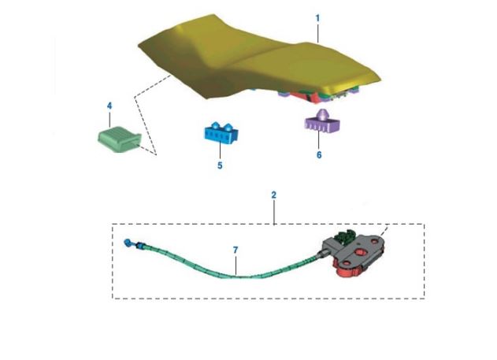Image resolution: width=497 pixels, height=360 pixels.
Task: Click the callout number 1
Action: click(317, 16)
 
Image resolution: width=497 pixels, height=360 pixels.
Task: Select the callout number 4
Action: click(109, 105)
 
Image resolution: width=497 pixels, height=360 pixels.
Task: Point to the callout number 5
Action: click(220, 165)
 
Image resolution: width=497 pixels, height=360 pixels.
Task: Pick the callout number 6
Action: click(319, 155)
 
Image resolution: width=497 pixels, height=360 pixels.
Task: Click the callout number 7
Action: click(235, 250)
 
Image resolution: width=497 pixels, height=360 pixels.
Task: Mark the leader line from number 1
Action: click(318, 32)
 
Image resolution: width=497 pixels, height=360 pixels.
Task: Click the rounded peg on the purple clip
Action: click(323, 114)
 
